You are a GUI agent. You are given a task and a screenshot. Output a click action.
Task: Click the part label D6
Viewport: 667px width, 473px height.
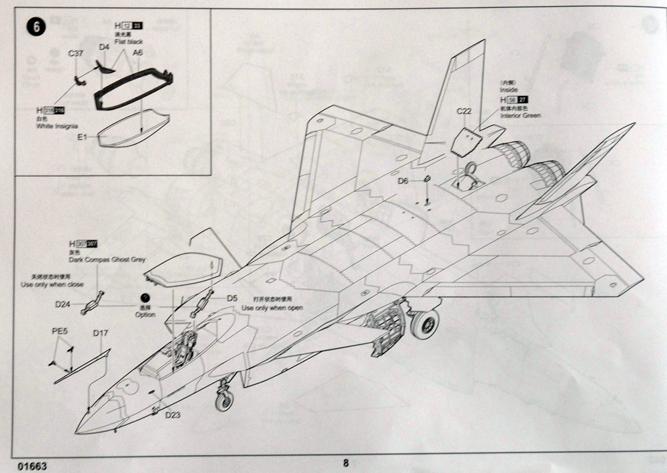coord(402,181)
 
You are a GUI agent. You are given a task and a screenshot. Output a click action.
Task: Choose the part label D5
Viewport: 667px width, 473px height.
coord(231,298)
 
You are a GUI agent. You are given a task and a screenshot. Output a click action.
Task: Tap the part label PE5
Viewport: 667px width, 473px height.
coord(60,331)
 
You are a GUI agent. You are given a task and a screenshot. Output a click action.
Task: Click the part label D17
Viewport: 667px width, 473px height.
coord(101,332)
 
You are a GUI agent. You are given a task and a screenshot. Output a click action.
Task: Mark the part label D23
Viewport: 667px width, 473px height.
coord(173,414)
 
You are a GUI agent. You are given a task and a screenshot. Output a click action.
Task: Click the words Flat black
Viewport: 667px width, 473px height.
coord(129,41)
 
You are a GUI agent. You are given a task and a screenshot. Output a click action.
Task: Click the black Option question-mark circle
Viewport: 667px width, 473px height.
coord(143,300)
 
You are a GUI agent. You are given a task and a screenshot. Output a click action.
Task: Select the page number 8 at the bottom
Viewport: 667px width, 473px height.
coord(346,462)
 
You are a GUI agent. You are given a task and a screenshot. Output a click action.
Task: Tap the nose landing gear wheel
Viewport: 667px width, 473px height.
coord(224,400)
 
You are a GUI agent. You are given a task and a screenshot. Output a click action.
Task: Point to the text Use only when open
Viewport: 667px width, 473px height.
coord(272,308)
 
